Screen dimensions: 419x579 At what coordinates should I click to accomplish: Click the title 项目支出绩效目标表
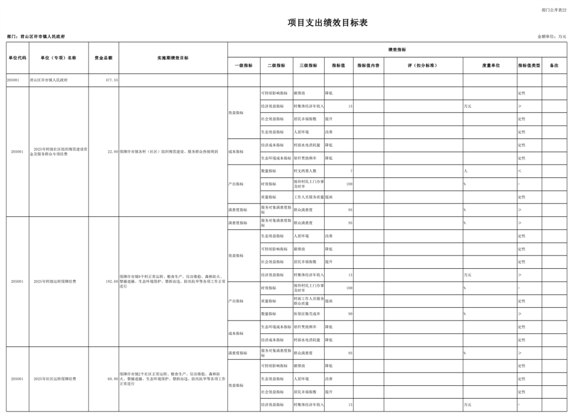(328, 23)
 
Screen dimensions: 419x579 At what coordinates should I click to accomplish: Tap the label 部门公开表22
(554, 10)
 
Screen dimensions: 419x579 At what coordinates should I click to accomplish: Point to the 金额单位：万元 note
(552, 37)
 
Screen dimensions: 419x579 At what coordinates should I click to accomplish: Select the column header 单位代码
(17, 58)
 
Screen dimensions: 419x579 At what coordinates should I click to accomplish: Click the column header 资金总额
(103, 58)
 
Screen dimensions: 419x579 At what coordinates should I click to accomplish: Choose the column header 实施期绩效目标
(173, 58)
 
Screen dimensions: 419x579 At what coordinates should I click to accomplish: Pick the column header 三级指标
(308, 65)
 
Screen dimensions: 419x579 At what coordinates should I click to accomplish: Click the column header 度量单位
(490, 65)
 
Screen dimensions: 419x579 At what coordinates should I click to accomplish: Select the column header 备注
(554, 65)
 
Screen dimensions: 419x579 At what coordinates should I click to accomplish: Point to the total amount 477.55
(111, 80)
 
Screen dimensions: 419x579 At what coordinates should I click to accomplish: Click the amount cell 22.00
(112, 152)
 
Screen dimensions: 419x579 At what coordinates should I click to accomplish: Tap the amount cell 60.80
(112, 379)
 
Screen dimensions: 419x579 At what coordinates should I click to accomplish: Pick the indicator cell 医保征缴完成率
(306, 314)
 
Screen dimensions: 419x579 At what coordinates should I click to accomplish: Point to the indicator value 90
(350, 314)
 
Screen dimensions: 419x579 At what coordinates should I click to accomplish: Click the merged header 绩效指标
(397, 50)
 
